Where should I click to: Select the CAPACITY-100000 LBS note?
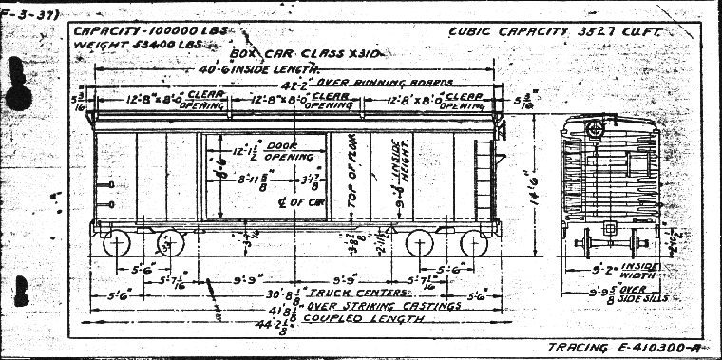(x=135, y=29)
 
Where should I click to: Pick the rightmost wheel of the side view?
(x=473, y=243)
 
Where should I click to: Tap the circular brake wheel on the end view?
(x=596, y=128)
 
